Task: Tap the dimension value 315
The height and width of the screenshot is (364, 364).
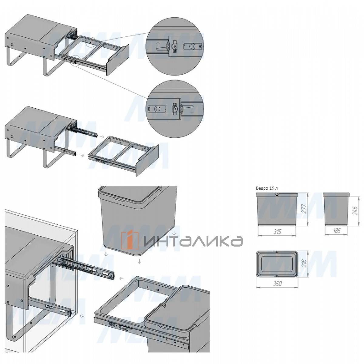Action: pos(277,231)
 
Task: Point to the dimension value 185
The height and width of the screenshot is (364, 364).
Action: pos(337,231)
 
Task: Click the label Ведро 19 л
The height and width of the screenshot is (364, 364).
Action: pos(267,188)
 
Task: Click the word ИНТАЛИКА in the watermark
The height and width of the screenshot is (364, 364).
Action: pos(193,241)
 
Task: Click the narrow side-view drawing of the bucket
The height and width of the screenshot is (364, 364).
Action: pos(336,209)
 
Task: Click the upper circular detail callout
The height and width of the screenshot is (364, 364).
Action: pos(175,46)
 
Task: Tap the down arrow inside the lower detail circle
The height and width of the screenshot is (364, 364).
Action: pos(192,111)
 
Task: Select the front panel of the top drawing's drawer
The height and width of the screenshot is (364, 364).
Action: pos(118,60)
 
